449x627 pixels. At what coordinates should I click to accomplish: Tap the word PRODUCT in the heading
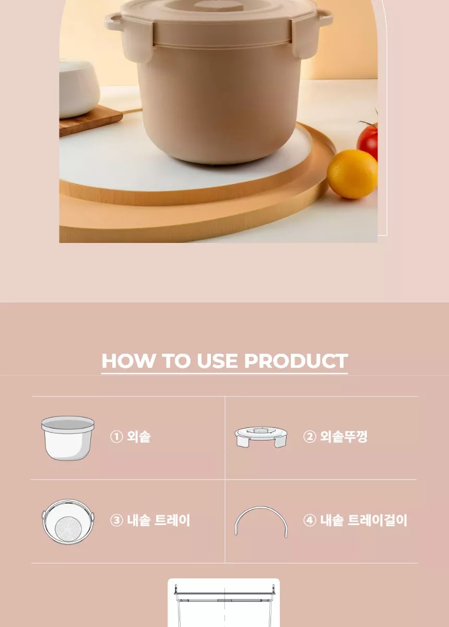click(x=296, y=361)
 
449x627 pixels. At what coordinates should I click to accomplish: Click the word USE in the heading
click(x=217, y=361)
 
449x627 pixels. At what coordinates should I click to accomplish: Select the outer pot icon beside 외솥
click(x=68, y=438)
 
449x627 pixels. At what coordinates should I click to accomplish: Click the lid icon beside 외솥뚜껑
click(x=261, y=437)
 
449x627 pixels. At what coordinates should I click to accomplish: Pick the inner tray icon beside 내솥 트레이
click(x=68, y=521)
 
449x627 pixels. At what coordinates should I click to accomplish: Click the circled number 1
click(x=116, y=437)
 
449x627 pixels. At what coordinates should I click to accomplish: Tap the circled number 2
click(x=310, y=437)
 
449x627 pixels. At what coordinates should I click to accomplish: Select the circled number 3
click(x=116, y=520)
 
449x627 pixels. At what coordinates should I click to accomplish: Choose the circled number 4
click(x=310, y=520)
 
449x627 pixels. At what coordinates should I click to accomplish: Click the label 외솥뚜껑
click(x=344, y=437)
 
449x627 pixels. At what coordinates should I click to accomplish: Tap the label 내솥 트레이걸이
click(x=363, y=520)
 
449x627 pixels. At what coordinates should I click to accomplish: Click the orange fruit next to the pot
click(x=352, y=174)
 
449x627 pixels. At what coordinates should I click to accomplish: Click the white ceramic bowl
click(x=79, y=87)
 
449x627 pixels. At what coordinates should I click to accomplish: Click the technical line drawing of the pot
click(x=224, y=603)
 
